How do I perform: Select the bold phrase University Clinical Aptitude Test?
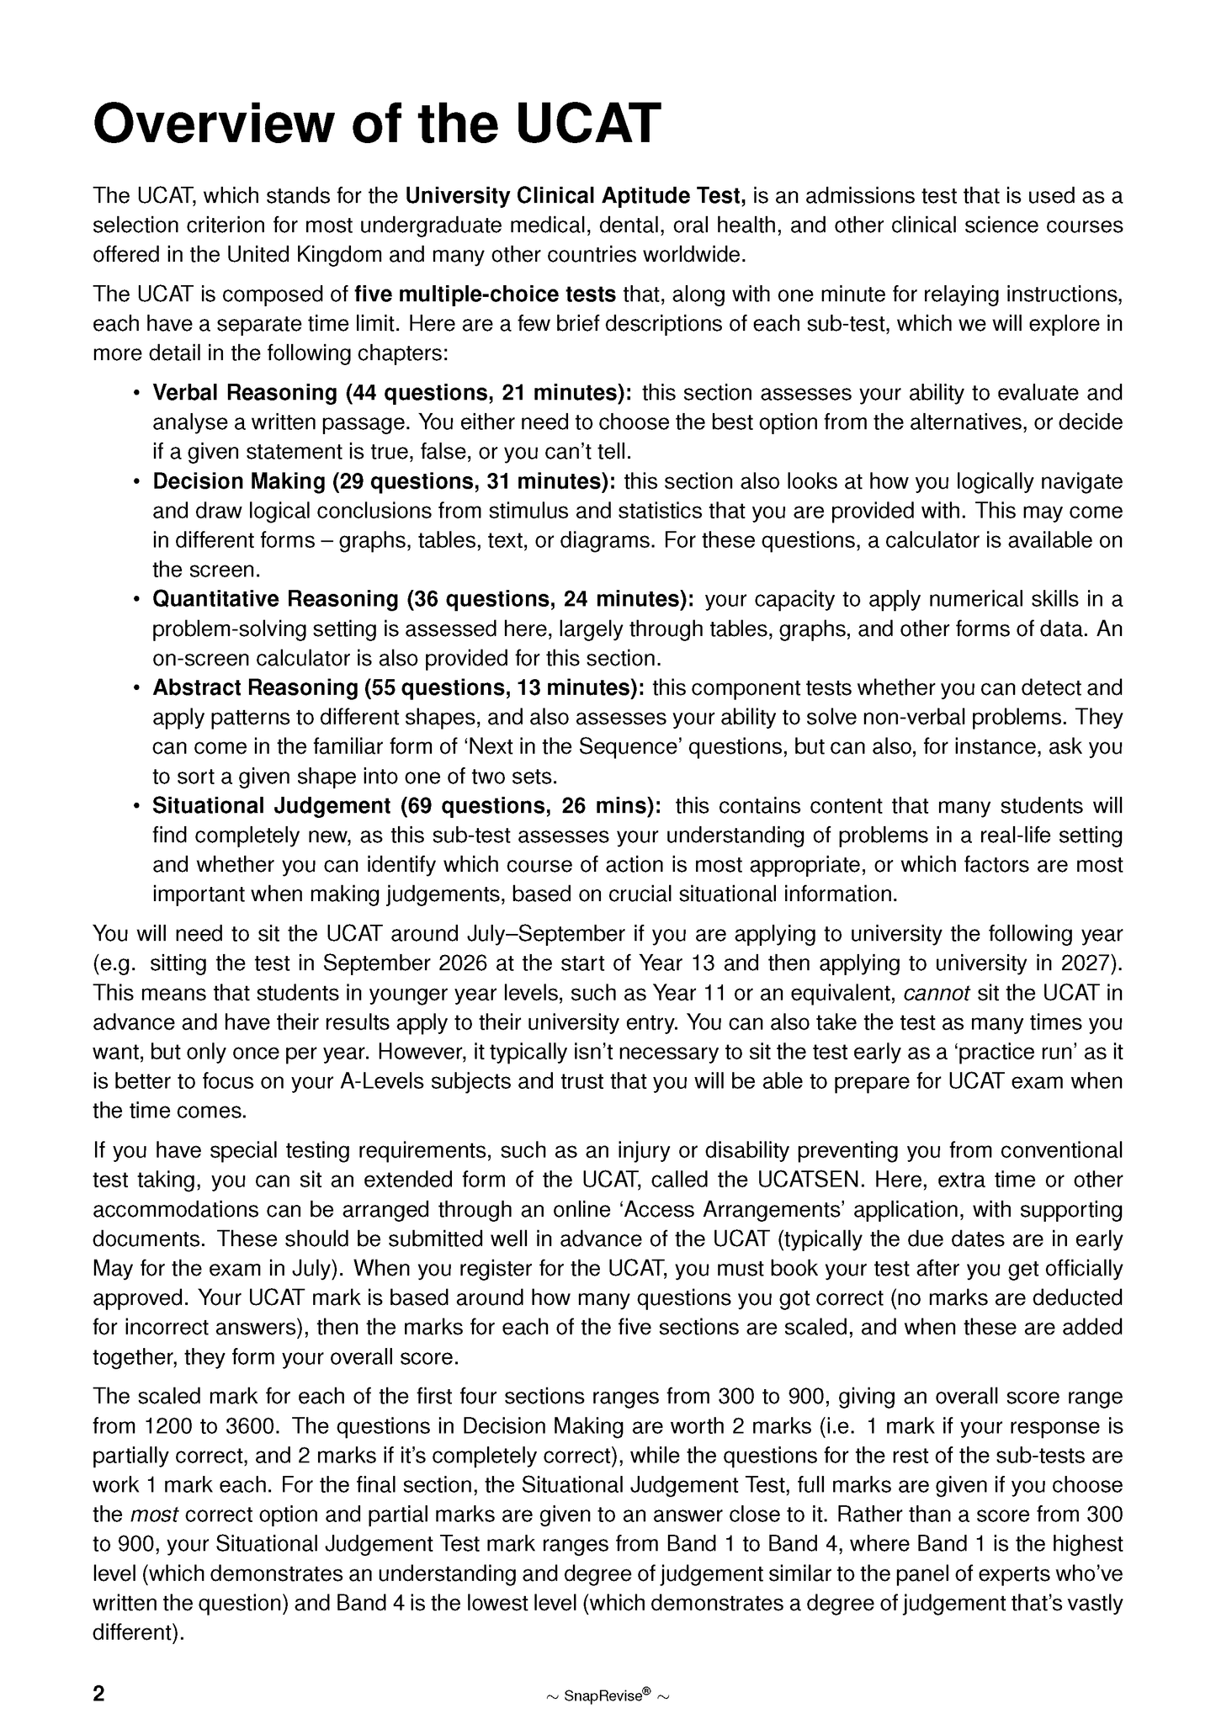pos(576,196)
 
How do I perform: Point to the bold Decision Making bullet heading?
pos(384,481)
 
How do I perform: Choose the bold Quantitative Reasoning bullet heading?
pos(422,599)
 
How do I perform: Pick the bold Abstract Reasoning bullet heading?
pos(398,687)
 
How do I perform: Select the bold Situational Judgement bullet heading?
pos(406,806)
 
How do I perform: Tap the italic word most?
pos(154,1515)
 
